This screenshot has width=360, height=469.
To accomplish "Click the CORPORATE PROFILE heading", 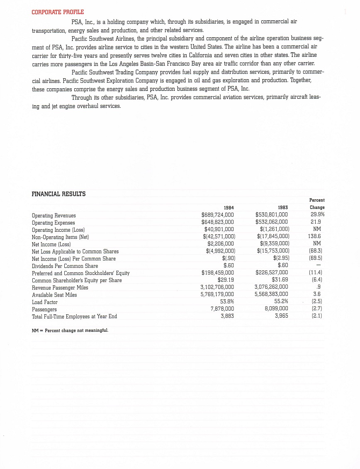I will (x=58, y=12).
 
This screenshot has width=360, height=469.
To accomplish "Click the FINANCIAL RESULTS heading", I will (x=58, y=194).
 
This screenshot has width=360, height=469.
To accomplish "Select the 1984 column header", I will (x=229, y=207).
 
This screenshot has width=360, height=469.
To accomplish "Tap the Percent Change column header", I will (x=317, y=204).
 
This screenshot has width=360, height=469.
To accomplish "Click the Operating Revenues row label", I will (x=54, y=216).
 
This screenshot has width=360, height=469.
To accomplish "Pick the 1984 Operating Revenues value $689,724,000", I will (x=218, y=215).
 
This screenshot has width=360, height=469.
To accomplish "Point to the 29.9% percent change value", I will (x=317, y=215).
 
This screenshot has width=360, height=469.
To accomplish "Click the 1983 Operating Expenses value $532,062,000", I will (x=272, y=222).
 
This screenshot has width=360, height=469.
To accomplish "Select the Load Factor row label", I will (x=45, y=302).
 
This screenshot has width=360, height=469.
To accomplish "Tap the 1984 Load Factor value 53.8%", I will (x=227, y=302).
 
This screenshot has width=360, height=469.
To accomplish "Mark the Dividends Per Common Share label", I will (x=65, y=266).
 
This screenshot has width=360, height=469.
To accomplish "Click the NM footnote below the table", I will (x=70, y=330).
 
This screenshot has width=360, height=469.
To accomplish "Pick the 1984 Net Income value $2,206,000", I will (x=221, y=244).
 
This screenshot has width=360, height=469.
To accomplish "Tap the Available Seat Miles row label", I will (x=54, y=295).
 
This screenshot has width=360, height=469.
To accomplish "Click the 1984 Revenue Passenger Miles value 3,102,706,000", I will (x=217, y=287).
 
